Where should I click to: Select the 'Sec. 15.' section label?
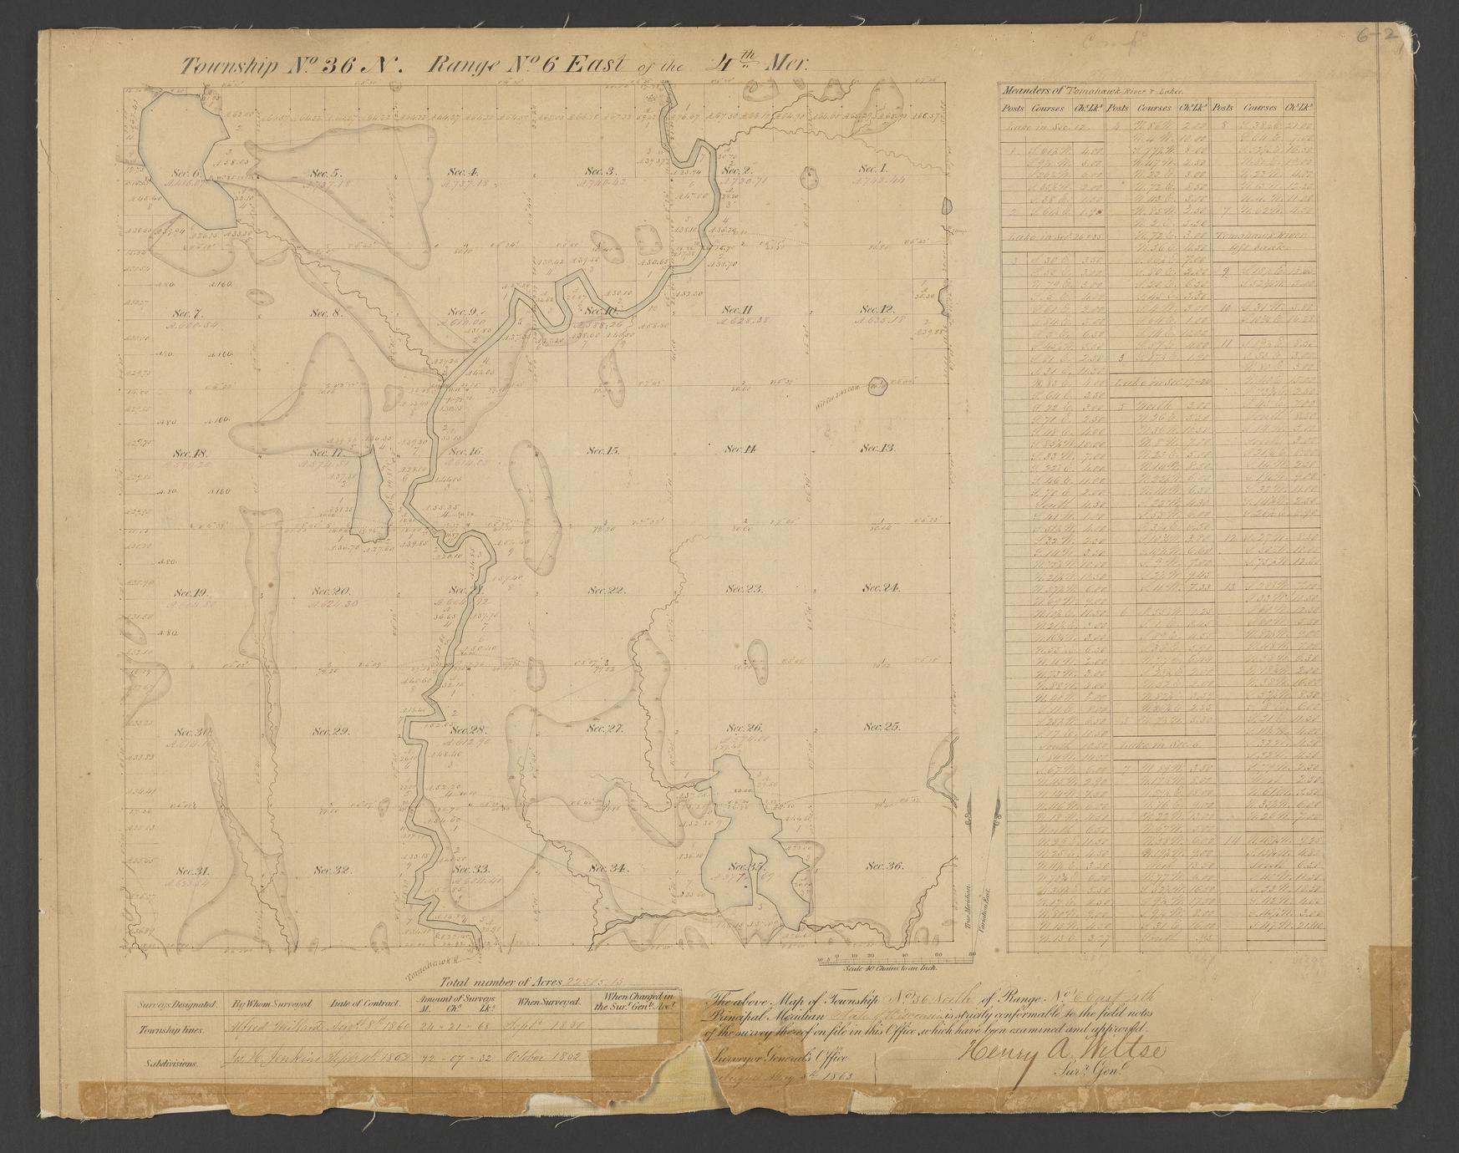point(602,450)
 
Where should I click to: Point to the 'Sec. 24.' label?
point(882,588)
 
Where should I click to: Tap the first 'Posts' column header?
point(1014,109)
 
